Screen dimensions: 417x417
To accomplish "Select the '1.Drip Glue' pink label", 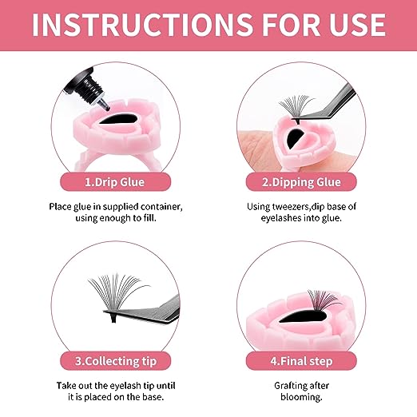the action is (115, 182).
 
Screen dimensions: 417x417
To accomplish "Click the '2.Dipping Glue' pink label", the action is (301, 182).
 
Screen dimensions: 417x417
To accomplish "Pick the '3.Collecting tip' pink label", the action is (115, 361).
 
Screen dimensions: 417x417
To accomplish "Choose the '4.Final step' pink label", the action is (301, 361).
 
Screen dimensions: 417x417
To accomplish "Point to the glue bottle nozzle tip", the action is (106, 107).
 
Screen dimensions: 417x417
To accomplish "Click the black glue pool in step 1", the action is (118, 119).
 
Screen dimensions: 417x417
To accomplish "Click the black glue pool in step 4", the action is (302, 316).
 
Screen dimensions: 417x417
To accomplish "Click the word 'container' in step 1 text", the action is (161, 207).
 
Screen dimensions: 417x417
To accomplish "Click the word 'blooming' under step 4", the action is (301, 397).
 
